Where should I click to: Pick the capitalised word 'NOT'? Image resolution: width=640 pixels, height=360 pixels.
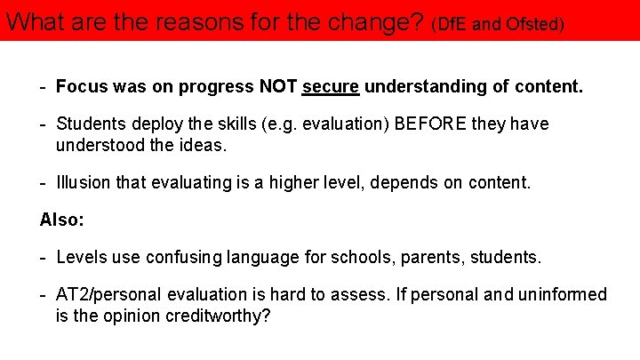[x=279, y=87]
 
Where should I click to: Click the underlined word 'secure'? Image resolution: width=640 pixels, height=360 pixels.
[x=331, y=87]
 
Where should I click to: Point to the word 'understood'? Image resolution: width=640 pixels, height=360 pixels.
[x=97, y=144]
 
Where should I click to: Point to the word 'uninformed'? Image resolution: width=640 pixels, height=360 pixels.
[x=564, y=295]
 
